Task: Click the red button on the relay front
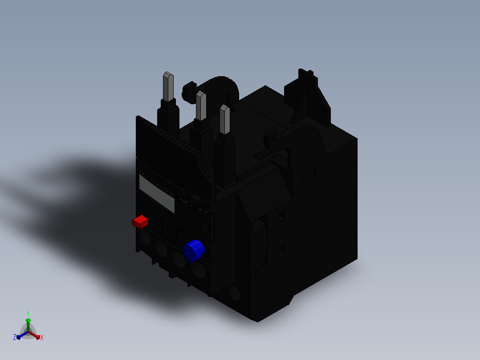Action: pos(140,221)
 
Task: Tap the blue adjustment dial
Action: pos(194,251)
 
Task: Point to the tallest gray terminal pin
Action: pos(168,87)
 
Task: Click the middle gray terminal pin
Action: pos(201,106)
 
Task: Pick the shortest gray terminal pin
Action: pos(225,119)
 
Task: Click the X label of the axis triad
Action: pos(42,337)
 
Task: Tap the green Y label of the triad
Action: pos(28,313)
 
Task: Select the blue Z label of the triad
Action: pos(15,337)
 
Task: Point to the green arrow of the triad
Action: pos(28,325)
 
